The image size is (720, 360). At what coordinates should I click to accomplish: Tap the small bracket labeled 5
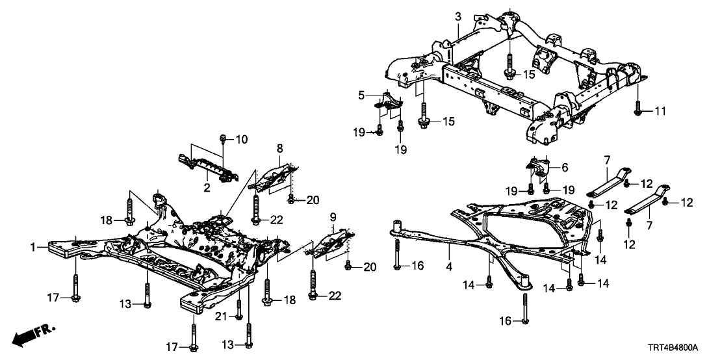point(389,103)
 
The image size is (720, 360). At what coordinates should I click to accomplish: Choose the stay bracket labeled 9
point(329,242)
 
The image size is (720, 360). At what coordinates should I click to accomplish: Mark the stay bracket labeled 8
point(274,172)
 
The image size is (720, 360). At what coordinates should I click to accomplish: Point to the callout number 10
point(241,138)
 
